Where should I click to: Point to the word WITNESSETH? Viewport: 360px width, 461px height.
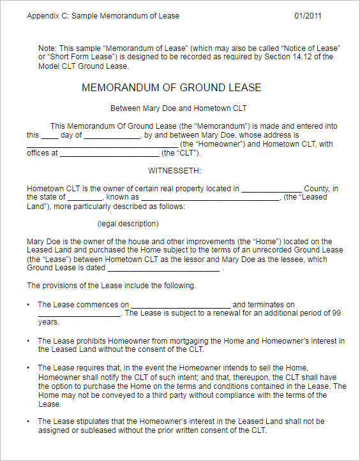[x=175, y=171]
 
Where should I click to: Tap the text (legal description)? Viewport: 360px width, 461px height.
[x=128, y=224]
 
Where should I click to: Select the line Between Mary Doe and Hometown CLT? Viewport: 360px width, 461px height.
[x=178, y=108]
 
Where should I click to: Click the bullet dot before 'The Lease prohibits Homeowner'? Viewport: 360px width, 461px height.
[x=29, y=341]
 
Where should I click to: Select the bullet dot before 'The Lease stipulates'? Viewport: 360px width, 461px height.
[x=29, y=421]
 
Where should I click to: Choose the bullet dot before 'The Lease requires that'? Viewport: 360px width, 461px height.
[x=29, y=368]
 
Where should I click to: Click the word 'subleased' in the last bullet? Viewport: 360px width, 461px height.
[x=97, y=430]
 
